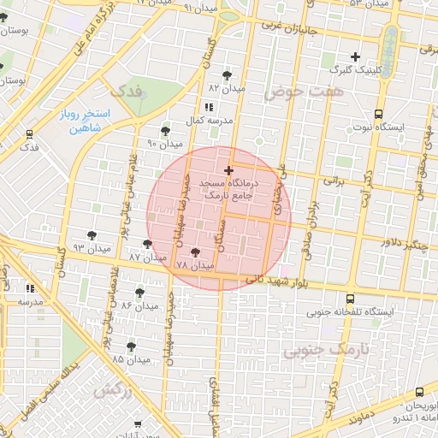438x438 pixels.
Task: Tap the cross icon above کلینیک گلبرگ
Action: pos(356,56)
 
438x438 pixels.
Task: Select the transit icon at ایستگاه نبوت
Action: pos(379,113)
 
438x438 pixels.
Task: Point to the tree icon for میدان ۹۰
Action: pos(165,131)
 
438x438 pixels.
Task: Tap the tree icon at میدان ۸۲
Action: pos(227,74)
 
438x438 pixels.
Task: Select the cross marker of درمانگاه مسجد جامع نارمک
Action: pos(228,170)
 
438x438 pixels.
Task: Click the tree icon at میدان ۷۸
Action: pos(196,252)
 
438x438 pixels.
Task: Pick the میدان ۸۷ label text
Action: pos(146,257)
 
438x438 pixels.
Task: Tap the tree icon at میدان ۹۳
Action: pos(92,234)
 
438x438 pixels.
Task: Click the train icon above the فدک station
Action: pos(30,134)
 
